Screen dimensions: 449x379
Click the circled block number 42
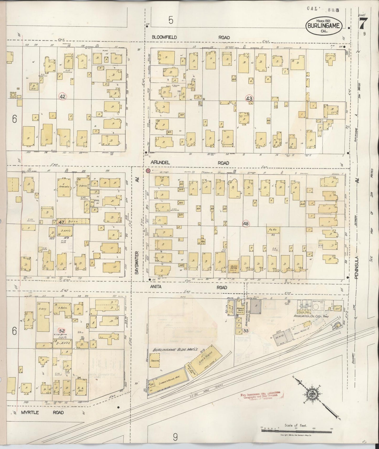coord(63,96)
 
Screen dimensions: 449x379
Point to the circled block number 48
coord(246,224)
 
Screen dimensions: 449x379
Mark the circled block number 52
coord(62,331)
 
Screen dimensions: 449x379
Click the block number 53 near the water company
coord(246,331)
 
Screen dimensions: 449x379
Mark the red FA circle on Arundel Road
coord(147,170)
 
